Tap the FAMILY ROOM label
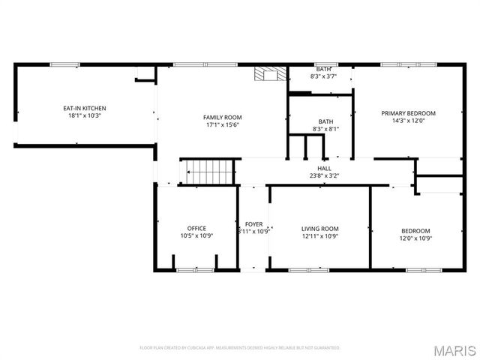point(223,117)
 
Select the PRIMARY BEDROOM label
point(408,113)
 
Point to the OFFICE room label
point(196,229)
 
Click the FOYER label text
point(253,224)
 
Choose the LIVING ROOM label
point(320,229)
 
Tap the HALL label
point(325,168)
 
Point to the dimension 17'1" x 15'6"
point(223,124)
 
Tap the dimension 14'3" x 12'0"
point(408,121)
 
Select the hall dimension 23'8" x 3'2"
point(325,175)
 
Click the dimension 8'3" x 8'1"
point(325,129)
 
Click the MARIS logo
point(454,349)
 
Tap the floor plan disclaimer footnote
point(240,348)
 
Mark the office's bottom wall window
point(195,269)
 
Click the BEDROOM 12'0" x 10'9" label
point(415,234)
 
